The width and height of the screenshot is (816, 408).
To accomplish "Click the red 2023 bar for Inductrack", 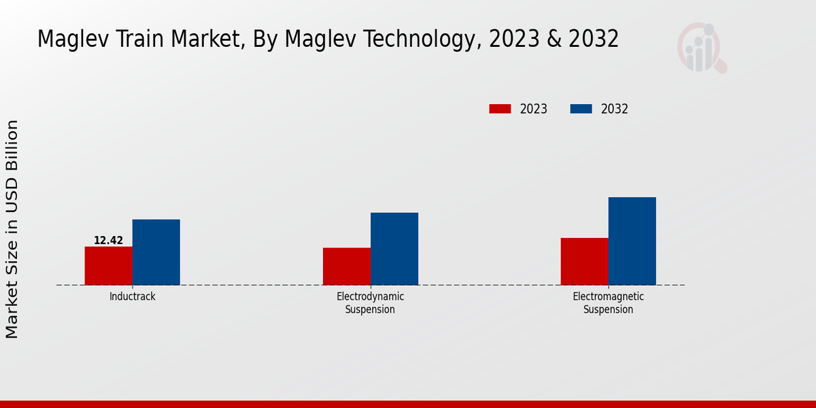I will pyautogui.click(x=109, y=266).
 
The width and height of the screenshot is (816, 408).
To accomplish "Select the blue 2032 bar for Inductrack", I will pyautogui.click(x=156, y=252).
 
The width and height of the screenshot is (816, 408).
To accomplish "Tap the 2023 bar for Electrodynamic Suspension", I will pyautogui.click(x=347, y=267).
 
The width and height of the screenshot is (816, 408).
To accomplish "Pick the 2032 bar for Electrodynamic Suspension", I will pyautogui.click(x=394, y=249).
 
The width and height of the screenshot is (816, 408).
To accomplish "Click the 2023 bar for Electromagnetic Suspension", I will pyautogui.click(x=585, y=262).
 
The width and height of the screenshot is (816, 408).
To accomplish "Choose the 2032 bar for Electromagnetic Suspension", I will pyautogui.click(x=632, y=241).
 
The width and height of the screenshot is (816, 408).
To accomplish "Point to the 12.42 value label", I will pyautogui.click(x=109, y=241).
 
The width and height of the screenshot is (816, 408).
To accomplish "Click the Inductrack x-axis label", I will pyautogui.click(x=133, y=297).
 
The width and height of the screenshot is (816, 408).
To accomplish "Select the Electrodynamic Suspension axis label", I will pyautogui.click(x=371, y=303).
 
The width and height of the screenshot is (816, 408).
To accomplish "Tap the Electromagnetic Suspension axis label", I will pyautogui.click(x=609, y=303).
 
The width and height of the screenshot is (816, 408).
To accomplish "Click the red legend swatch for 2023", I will pyautogui.click(x=500, y=109).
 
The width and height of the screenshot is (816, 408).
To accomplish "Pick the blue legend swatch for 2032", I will pyautogui.click(x=581, y=109).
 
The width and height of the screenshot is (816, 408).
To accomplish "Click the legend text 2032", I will pyautogui.click(x=615, y=109).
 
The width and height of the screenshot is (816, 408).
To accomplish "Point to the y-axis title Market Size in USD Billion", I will pyautogui.click(x=12, y=229).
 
